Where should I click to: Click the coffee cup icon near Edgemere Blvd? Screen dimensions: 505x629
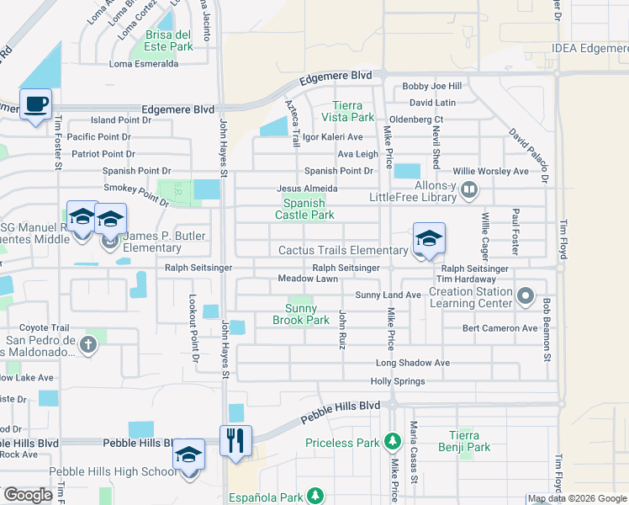[35, 105]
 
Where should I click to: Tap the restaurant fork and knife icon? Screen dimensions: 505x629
[236, 439]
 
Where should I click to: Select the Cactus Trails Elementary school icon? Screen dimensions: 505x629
[429, 238]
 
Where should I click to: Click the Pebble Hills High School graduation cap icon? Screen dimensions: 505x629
[189, 455]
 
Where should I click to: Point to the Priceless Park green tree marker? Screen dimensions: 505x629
[391, 441]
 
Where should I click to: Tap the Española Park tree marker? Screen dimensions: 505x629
[315, 496]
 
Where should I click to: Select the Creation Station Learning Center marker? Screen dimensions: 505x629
[526, 295]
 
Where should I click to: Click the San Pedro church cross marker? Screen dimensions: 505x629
[87, 343]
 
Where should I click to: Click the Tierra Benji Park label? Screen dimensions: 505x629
[464, 441]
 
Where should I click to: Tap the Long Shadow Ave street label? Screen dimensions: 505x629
[412, 363]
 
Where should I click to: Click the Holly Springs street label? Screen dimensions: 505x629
[397, 381]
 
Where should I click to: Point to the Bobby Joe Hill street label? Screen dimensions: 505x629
[432, 86]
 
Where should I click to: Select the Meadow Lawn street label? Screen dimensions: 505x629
[308, 279]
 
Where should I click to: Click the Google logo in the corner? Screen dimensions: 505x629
[27, 495]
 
